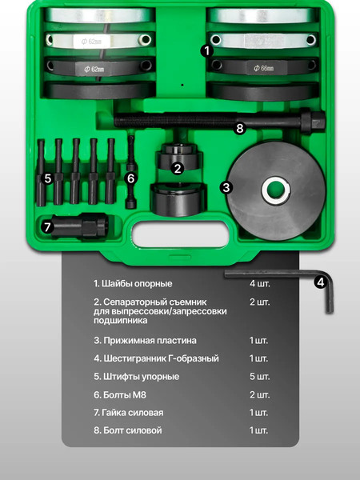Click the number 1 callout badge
206,50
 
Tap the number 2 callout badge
178,168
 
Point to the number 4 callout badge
319,282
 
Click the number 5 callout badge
48,178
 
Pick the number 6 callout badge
131,178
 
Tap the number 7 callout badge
47,226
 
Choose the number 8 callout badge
238,127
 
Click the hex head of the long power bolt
314,123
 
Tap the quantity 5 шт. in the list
259,377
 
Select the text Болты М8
120,395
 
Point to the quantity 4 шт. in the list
259,283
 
